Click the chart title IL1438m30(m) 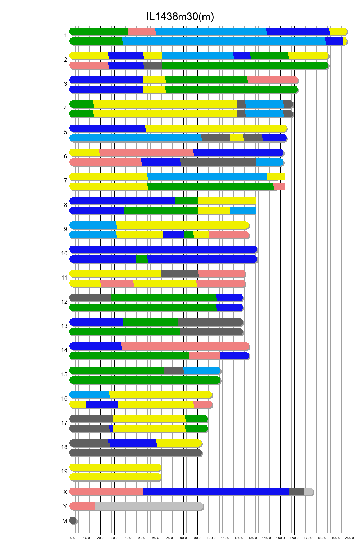(x=180, y=17)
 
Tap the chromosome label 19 (x=64, y=471)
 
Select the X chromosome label (x=65, y=492)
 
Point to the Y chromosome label (x=65, y=506)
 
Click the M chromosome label (x=65, y=521)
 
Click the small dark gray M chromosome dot (x=73, y=520)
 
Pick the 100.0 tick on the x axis (x=211, y=538)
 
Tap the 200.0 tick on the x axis (x=350, y=538)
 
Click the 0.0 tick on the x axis (x=73, y=538)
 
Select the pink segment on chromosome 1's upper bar (x=142, y=31)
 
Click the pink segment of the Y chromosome (x=82, y=506)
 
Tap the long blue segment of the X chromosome (x=216, y=492)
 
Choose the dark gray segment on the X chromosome (x=296, y=492)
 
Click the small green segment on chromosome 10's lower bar (x=142, y=259)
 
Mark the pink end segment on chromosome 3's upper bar (x=272, y=80)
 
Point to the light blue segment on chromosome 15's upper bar (x=202, y=370)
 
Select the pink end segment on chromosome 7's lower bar (x=279, y=186)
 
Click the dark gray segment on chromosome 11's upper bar (x=179, y=274)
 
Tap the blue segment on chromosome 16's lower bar (x=102, y=404)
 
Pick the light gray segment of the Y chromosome (x=149, y=506)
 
